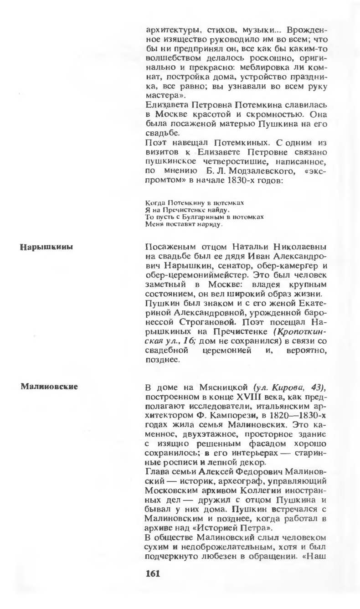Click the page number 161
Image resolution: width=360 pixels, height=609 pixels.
click(153, 573)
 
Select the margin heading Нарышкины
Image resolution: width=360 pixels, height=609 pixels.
click(47, 248)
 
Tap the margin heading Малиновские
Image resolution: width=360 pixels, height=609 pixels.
click(49, 387)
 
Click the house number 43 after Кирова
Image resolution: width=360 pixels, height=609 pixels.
click(318, 387)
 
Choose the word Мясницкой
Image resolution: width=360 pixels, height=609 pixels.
click(225, 387)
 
